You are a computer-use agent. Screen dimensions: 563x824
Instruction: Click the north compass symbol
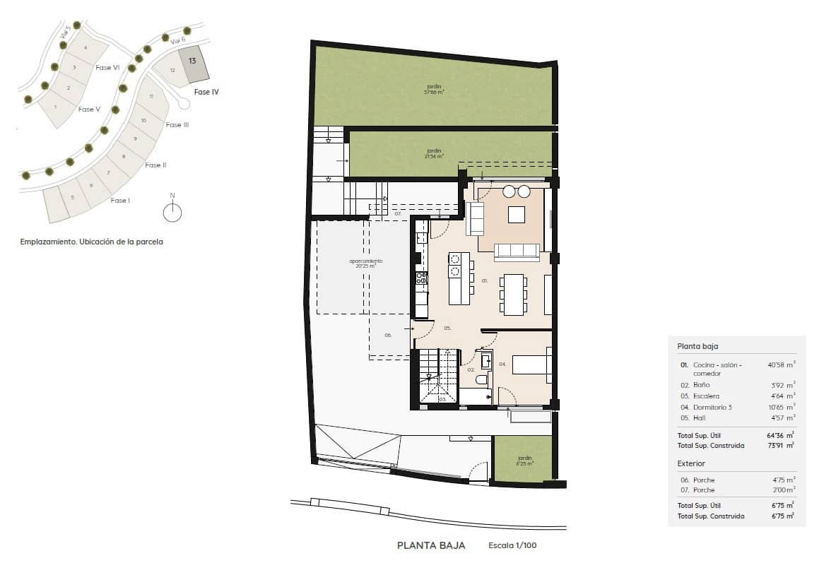click(172, 211)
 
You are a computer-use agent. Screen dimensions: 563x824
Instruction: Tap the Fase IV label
click(206, 92)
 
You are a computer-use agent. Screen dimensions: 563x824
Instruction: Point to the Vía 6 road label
click(178, 42)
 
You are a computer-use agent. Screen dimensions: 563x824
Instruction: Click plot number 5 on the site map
click(72, 197)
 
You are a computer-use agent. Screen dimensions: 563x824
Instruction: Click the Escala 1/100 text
click(517, 545)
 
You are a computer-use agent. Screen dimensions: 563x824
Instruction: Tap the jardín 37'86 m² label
click(432, 89)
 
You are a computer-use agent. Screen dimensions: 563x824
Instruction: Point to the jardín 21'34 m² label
click(433, 153)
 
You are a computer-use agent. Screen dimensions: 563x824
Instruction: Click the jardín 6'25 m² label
click(523, 461)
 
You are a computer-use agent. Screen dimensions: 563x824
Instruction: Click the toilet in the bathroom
click(481, 380)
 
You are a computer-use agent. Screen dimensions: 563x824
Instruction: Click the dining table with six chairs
click(514, 293)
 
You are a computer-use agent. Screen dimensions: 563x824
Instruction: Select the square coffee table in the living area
click(517, 214)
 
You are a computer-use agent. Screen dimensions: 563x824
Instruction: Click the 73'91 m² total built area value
click(781, 445)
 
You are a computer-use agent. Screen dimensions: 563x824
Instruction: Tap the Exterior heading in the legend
click(691, 463)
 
